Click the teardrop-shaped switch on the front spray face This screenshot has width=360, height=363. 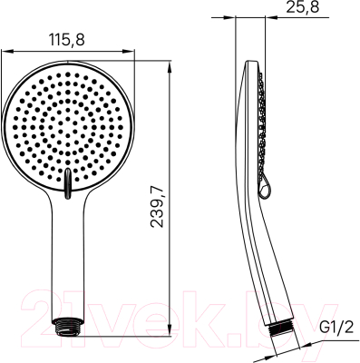(69, 181)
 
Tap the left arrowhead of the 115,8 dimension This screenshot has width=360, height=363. (5, 51)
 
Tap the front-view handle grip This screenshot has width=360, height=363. (69, 263)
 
